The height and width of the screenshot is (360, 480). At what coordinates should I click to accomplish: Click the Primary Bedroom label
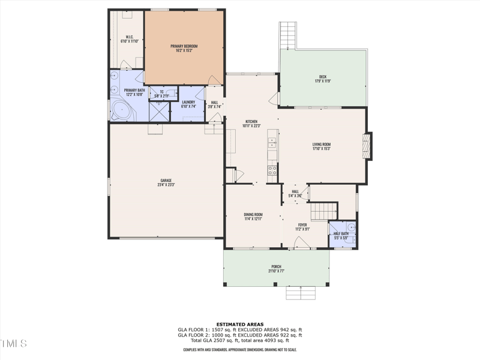pyautogui.click(x=184, y=46)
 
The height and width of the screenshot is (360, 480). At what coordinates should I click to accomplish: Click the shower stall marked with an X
pyautogui.click(x=159, y=112)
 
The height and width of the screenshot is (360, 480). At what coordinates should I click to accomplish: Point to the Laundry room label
pyautogui.click(x=188, y=103)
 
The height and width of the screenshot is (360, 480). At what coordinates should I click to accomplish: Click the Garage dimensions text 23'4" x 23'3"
pyautogui.click(x=166, y=185)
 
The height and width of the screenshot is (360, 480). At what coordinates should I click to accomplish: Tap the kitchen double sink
pyautogui.click(x=272, y=143)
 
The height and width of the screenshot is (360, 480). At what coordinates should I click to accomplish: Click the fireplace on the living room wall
pyautogui.click(x=367, y=146)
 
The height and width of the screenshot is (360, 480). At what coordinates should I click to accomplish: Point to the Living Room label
pyautogui.click(x=322, y=144)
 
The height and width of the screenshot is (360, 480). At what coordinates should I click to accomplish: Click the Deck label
pyautogui.click(x=323, y=77)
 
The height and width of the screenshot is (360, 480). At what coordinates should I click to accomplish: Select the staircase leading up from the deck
pyautogui.click(x=288, y=36)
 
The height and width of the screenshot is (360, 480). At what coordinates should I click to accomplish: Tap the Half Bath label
pyautogui.click(x=341, y=233)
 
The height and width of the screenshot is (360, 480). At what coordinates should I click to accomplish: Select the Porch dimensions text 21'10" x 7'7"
pyautogui.click(x=276, y=271)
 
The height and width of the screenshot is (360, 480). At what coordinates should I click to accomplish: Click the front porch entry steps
pyautogui.click(x=301, y=293)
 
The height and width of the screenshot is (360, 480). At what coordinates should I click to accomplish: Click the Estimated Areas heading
pyautogui.click(x=240, y=325)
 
